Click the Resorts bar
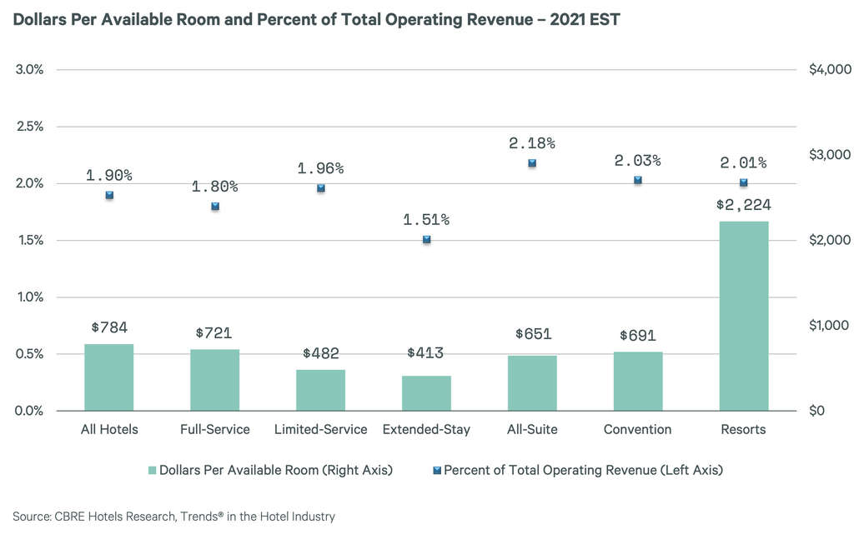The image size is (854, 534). pos(743,316)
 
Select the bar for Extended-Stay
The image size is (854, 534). pos(426,393)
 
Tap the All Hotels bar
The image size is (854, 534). pos(109,377)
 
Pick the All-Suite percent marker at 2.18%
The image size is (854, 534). pos(532,163)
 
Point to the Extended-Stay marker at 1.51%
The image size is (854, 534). pos(427,239)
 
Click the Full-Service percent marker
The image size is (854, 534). pos(215,206)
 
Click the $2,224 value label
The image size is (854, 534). pos(743,205)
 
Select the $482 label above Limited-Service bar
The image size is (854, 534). pos(320,353)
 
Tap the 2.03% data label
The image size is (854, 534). pos(637,160)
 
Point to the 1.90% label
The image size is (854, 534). pos(109,175)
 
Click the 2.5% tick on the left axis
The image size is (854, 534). pos(31,127)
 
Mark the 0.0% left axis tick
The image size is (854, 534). pos(31,411)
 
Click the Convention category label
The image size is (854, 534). pos(637,430)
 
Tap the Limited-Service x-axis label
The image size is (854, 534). pos(320,430)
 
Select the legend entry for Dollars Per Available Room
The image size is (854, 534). pos(272,470)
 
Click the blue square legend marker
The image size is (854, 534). pos(436,470)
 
